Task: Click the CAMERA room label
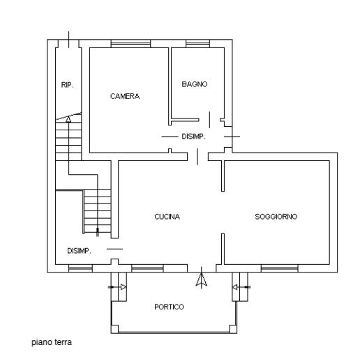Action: pos(125,96)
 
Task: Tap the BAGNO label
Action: pos(195,84)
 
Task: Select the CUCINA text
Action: pos(167,217)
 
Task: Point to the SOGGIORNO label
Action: pos(276,217)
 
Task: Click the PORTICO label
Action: pos(169,307)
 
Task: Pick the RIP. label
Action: pos(68,85)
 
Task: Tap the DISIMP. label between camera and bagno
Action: pos(193,137)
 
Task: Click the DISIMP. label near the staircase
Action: pos(79,251)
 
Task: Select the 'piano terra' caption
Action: pos(52,342)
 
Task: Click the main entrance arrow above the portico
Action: pos(202,278)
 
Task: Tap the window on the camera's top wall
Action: pos(130,44)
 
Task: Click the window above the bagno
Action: pos(197,44)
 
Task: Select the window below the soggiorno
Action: pos(280,268)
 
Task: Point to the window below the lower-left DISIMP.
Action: pos(80,268)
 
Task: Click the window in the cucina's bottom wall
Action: pos(147,268)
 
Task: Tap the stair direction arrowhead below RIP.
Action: pos(68,119)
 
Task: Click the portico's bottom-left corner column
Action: pos(114,329)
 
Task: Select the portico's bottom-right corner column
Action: pos(233,329)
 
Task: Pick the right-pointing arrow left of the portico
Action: pos(117,287)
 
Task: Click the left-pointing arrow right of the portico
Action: pos(241,287)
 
